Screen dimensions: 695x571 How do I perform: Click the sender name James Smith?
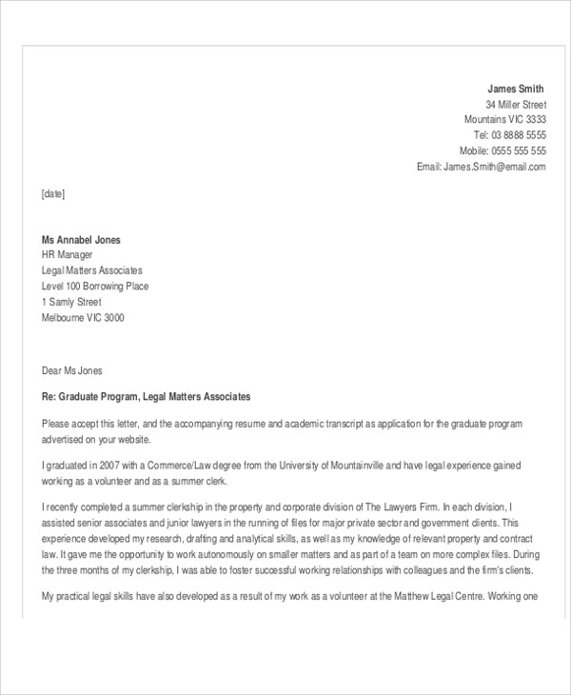517,89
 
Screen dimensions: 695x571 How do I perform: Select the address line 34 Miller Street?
516,104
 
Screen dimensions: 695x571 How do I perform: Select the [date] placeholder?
53,193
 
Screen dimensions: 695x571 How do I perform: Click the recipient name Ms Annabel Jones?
81,240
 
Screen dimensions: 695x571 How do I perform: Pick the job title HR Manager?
68,255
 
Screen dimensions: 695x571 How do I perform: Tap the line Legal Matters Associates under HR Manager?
92,270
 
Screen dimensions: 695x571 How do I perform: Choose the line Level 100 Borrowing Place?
95,287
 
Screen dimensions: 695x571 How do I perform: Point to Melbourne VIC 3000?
83,318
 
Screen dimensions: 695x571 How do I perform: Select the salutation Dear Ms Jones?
71,370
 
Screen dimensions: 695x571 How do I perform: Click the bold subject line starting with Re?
146,396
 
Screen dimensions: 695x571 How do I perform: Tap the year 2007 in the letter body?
112,466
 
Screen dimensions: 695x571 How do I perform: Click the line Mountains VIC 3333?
505,120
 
